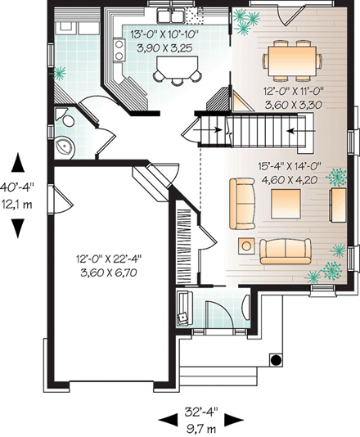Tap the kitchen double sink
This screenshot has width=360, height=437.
[x=168, y=16]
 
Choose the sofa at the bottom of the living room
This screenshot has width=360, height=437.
[x=285, y=250]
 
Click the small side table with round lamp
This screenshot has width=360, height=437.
[x=245, y=244]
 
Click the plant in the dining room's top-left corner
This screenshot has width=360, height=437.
[x=243, y=23]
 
